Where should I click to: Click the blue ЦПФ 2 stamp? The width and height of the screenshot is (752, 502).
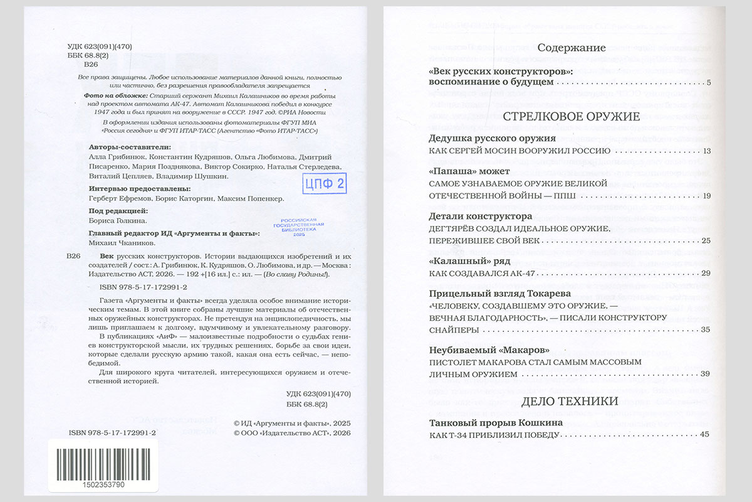click(x=324, y=184)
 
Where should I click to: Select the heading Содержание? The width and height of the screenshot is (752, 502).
click(x=572, y=48)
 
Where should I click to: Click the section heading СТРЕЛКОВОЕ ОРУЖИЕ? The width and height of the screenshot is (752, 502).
click(x=571, y=116)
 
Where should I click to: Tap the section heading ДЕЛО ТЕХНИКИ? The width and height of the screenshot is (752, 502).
click(x=571, y=401)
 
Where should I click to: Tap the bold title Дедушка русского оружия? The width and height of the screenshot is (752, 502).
click(x=492, y=138)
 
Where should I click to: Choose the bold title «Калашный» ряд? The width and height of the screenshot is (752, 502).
click(x=469, y=260)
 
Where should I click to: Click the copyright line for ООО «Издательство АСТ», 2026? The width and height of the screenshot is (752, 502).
click(x=292, y=433)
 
